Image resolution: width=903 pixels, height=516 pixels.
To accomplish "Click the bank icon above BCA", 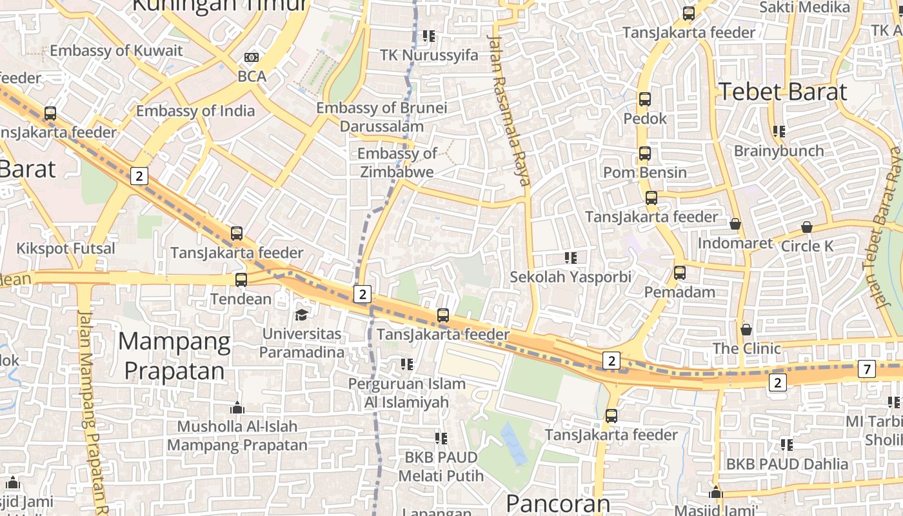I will (252, 57).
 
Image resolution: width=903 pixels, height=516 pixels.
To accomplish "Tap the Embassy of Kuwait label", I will (116, 50).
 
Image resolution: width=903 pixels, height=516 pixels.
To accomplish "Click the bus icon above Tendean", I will (241, 280).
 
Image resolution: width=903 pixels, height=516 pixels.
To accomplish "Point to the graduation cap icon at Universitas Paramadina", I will (301, 315).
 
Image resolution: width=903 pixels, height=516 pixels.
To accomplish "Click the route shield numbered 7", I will (867, 370).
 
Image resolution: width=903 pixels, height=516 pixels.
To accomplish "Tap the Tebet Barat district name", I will (782, 92).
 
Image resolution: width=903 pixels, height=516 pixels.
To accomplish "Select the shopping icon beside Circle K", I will (806, 227).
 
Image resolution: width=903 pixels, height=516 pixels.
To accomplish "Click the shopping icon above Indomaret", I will (735, 224).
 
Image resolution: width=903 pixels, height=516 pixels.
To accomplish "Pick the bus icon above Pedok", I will (644, 99).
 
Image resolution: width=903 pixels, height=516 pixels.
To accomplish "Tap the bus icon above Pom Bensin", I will (644, 154).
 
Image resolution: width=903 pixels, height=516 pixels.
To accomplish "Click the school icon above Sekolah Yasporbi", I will (570, 258).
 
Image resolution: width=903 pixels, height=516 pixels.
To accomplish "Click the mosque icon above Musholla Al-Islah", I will (237, 408).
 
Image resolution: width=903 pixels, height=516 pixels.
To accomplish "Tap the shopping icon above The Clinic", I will (746, 330).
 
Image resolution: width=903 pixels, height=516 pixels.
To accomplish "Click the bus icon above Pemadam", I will (679, 273).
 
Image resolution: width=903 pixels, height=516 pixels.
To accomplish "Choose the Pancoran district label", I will (557, 503).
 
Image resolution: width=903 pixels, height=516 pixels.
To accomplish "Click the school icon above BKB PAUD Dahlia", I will (786, 444).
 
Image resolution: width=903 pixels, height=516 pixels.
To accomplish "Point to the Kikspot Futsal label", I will (66, 248).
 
